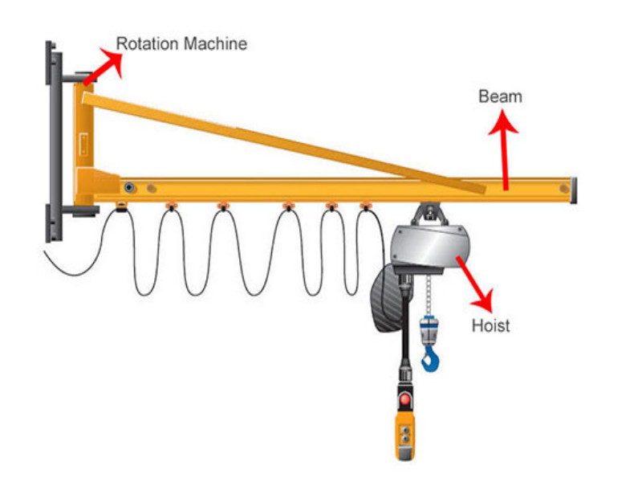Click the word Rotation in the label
pyautogui.click(x=147, y=43)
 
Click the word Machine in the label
pyautogui.click(x=215, y=43)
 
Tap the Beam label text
pyautogui.click(x=500, y=96)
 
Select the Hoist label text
pyautogui.click(x=491, y=325)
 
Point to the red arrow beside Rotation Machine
pyautogui.click(x=104, y=66)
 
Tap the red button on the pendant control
pyautogui.click(x=405, y=398)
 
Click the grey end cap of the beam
pyautogui.click(x=573, y=190)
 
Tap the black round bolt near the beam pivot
pyautogui.click(x=130, y=188)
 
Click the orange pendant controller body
pyautogui.click(x=405, y=435)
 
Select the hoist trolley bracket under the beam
pyautogui.click(x=429, y=214)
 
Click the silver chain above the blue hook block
pyautogui.click(x=429, y=295)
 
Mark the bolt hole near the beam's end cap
pyautogui.click(x=564, y=189)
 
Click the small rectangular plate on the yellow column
pyautogui.click(x=84, y=145)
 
